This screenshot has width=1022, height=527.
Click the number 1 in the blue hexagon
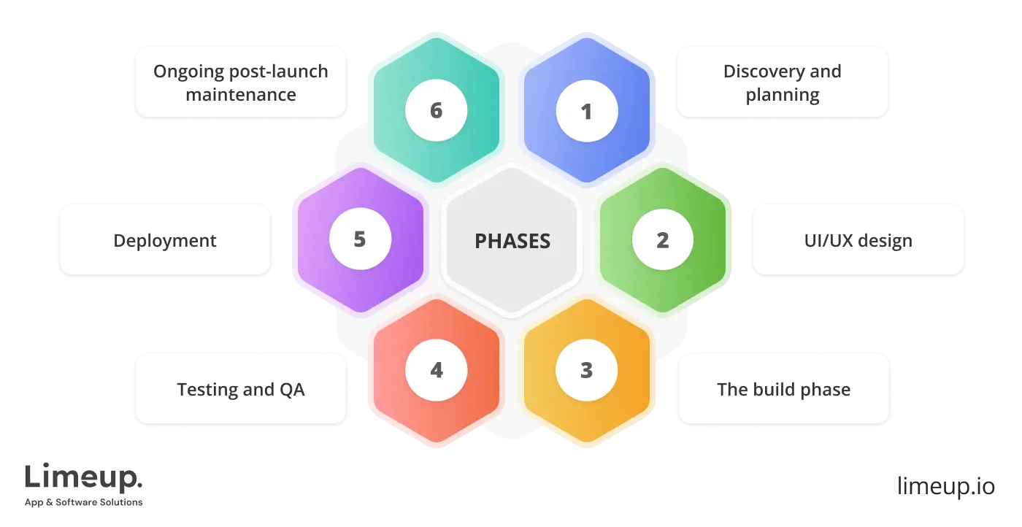pyautogui.click(x=586, y=112)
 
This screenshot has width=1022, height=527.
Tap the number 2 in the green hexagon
pyautogui.click(x=662, y=240)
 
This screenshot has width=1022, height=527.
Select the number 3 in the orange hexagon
pyautogui.click(x=586, y=370)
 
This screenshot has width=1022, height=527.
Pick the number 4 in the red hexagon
pyautogui.click(x=436, y=370)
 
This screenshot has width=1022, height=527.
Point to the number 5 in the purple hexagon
pyautogui.click(x=360, y=239)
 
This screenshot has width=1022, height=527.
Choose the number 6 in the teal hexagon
pyautogui.click(x=436, y=111)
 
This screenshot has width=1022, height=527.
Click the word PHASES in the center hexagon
pyautogui.click(x=512, y=241)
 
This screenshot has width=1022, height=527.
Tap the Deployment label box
pyautogui.click(x=165, y=240)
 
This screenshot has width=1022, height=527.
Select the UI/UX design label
pyautogui.click(x=858, y=240)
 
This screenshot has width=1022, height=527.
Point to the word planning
pyautogui.click(x=783, y=95)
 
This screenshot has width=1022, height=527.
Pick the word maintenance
pyautogui.click(x=241, y=95)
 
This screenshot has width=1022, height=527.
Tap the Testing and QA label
pyautogui.click(x=240, y=389)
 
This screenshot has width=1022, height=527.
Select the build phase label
pyautogui.click(x=783, y=389)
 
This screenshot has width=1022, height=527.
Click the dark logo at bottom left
pyautogui.click(x=84, y=482)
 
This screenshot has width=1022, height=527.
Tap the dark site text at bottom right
pyautogui.click(x=945, y=485)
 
